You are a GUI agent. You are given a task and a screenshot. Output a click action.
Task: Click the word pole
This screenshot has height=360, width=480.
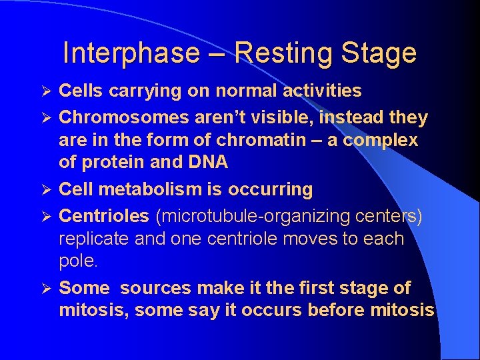77,261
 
